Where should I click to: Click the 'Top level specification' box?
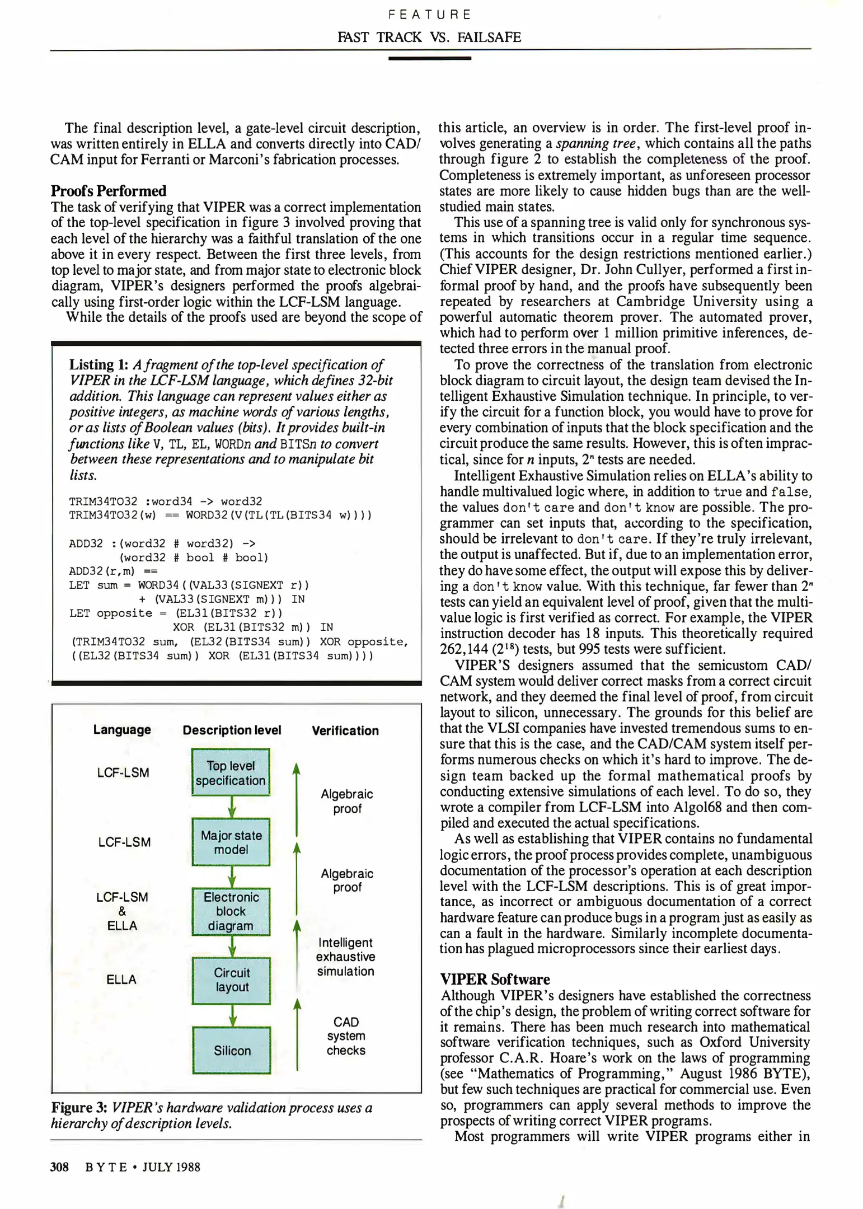coord(231,772)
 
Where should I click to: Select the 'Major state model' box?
coord(231,842)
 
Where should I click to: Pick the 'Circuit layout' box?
coord(231,980)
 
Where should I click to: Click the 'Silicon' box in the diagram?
coord(231,1050)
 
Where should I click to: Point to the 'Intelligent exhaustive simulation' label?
coord(345,957)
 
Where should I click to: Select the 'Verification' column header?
coord(345,730)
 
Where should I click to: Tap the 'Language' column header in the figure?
coord(122,730)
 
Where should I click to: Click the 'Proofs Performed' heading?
coord(109,191)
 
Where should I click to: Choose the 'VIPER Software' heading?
coord(495,979)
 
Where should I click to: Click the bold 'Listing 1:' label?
coord(99,365)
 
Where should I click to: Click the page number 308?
coord(59,1167)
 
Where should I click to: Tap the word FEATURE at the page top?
coord(430,15)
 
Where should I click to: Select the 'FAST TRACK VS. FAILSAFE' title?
coord(429,38)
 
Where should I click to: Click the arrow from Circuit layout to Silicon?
coord(233,1015)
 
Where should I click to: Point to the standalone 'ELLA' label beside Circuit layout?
coord(121,980)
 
